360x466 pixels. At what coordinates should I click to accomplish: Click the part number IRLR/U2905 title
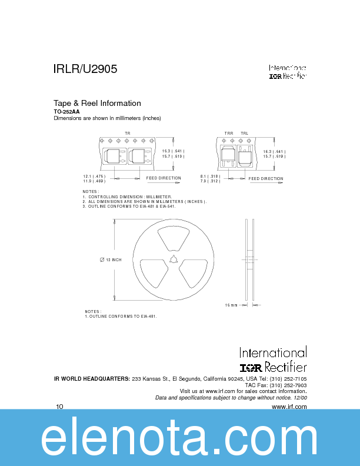pos(85,69)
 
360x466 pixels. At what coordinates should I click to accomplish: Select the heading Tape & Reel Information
pos(97,103)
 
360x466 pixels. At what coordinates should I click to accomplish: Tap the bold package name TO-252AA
pos(66,111)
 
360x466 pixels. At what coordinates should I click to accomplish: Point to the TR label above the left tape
pos(127,134)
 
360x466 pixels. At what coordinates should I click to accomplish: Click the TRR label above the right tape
pos(229,134)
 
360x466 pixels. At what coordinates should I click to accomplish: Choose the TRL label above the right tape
pos(244,134)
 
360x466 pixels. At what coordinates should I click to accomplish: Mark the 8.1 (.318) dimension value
pos(210,176)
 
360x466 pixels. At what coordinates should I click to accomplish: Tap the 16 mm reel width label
pos(231,305)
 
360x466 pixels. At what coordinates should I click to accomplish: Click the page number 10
pos(59,407)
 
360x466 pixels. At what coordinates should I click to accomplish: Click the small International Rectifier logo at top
pos(288,72)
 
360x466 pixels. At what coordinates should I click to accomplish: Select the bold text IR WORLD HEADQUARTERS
pos(92,378)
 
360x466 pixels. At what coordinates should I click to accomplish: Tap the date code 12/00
pos(299,398)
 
